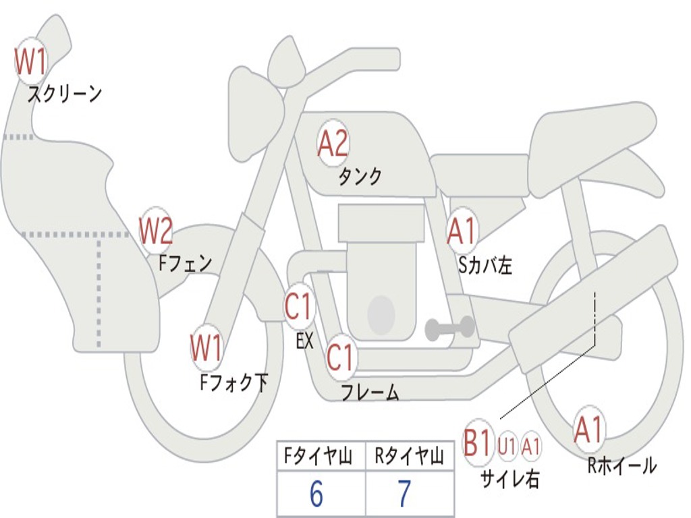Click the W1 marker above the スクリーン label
pos(30,61)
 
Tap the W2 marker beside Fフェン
pos(156,231)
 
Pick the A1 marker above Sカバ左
pos(462,231)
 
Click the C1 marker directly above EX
pos(300,306)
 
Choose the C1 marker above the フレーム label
pos(341,357)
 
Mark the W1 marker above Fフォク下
pos(206,348)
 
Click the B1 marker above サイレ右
pos(477,442)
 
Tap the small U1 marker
pos(507,446)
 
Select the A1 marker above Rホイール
pos(589,430)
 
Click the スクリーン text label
pos(65,94)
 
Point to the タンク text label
pos(360,176)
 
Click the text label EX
pos(304,340)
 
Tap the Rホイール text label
pos(622,465)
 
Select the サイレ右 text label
pos(509,478)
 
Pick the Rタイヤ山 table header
pos(409,456)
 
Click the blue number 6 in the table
pos(316,494)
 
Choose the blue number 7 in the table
pos(404,494)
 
